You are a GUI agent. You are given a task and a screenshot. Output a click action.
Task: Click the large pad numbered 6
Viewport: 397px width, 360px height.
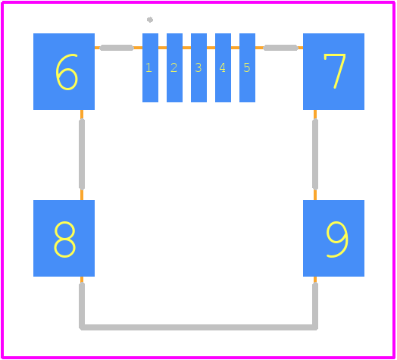[64, 71]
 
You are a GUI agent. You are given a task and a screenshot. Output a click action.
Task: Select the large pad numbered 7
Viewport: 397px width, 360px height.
[333, 71]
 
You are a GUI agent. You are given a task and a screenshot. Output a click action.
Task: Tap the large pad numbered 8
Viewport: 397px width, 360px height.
[64, 238]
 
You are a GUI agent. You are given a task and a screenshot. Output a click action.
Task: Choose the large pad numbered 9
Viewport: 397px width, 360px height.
[333, 238]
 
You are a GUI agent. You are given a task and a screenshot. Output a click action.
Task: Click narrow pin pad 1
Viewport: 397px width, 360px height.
[151, 67]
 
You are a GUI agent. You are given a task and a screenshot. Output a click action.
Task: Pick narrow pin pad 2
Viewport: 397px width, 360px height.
[174, 67]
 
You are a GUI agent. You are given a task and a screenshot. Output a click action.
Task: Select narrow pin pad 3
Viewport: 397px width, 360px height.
[198, 67]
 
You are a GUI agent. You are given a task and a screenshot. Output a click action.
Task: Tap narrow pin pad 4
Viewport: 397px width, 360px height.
[223, 67]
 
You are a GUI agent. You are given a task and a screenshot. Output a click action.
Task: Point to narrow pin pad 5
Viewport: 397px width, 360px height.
[247, 67]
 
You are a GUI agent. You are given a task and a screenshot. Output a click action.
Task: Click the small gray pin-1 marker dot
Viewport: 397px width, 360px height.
[150, 20]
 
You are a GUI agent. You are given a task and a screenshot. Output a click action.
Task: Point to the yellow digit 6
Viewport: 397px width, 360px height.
[67, 72]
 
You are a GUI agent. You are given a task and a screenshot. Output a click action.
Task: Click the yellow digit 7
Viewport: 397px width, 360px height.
[335, 71]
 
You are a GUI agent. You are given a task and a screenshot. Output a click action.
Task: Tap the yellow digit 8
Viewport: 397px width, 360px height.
[64, 239]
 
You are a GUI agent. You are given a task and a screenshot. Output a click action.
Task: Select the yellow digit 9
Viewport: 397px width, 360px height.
[337, 239]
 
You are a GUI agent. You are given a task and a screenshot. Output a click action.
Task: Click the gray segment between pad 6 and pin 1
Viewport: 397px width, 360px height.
[117, 48]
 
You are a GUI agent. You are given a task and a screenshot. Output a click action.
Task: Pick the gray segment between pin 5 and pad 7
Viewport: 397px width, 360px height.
[280, 48]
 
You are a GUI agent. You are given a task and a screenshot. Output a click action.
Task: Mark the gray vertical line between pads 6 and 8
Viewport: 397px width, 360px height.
[82, 155]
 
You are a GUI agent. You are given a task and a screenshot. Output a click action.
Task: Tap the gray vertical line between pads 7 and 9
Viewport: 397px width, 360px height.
[315, 155]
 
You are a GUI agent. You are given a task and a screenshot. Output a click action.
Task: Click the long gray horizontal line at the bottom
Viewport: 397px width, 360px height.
[198, 327]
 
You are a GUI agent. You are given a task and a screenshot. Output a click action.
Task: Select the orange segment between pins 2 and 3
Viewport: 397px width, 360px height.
[186, 48]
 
